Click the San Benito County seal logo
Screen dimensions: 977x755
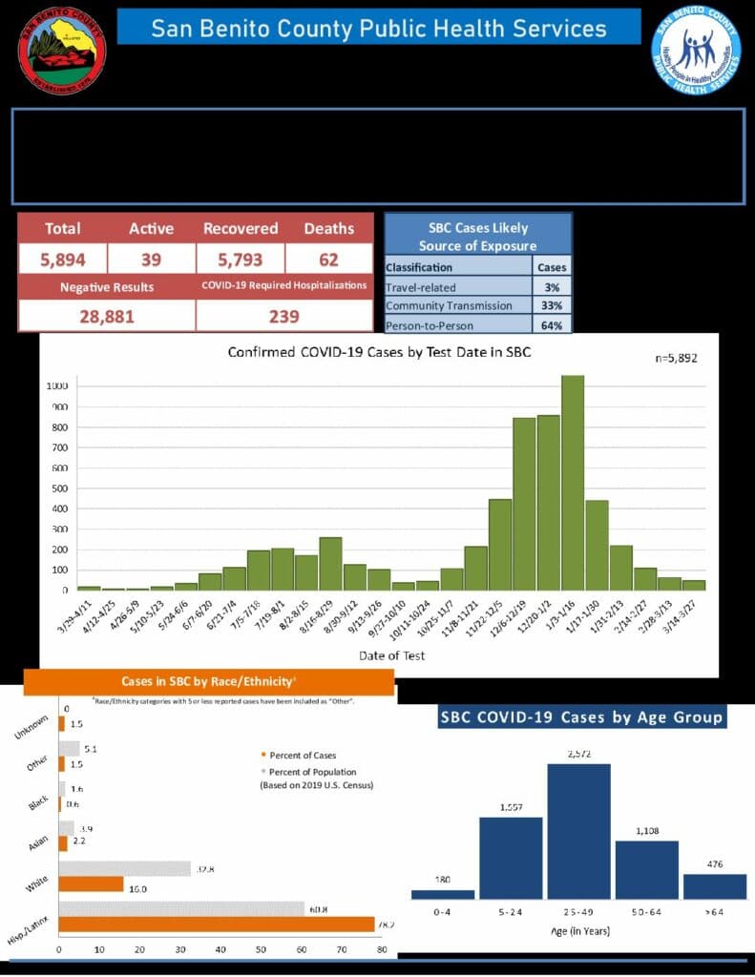pyautogui.click(x=62, y=51)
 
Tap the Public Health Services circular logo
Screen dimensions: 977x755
pyautogui.click(x=696, y=51)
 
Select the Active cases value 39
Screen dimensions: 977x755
pyautogui.click(x=151, y=258)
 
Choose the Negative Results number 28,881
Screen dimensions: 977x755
pyautogui.click(x=105, y=316)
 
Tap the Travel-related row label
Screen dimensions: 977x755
pyautogui.click(x=421, y=286)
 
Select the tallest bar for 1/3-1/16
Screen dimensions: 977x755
pyautogui.click(x=573, y=483)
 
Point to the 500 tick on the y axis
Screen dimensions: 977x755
pyautogui.click(x=58, y=488)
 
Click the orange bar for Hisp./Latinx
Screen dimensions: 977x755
pyautogui.click(x=217, y=924)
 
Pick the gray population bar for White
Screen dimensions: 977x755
pyautogui.click(x=125, y=868)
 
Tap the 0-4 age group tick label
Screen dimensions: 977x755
pyautogui.click(x=442, y=913)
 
